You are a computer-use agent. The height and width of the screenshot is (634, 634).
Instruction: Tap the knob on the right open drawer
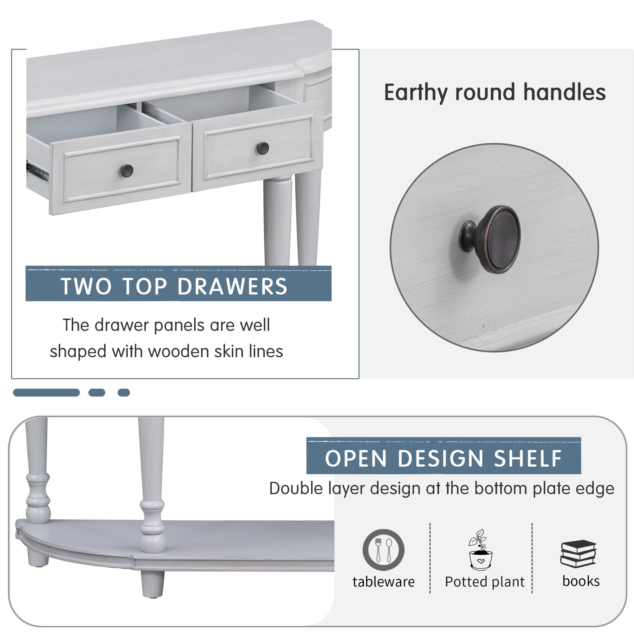[x=262, y=148]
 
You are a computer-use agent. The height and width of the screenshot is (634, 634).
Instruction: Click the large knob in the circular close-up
[x=491, y=240]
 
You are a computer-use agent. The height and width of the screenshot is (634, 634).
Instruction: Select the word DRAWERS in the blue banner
[x=232, y=287]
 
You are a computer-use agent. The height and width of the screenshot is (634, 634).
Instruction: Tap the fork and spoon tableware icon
[x=383, y=550]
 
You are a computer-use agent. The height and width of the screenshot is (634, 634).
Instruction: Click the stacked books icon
[x=578, y=554]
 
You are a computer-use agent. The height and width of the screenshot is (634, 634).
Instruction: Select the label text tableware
[x=384, y=582]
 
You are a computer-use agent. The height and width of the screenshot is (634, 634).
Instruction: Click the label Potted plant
[x=485, y=582]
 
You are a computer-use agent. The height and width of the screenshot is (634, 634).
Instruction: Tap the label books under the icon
[x=581, y=581]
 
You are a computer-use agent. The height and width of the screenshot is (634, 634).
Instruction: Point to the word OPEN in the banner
[x=356, y=458]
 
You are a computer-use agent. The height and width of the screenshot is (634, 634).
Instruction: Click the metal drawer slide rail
[x=37, y=171]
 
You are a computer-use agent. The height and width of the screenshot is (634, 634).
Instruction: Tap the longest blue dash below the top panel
[x=46, y=392]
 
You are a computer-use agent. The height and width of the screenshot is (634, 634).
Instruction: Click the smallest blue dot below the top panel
[x=124, y=392]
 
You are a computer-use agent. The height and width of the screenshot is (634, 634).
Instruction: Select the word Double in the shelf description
[x=296, y=488]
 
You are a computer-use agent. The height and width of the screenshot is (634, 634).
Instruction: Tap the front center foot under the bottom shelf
[x=152, y=585]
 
